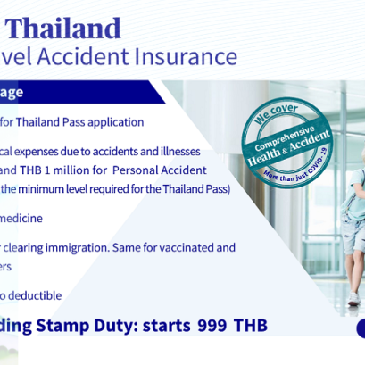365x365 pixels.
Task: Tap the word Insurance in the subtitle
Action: point(188,57)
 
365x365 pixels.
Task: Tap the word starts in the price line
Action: point(162,325)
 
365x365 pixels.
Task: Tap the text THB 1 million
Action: point(64,170)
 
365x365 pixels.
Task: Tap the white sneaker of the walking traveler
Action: point(353,299)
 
